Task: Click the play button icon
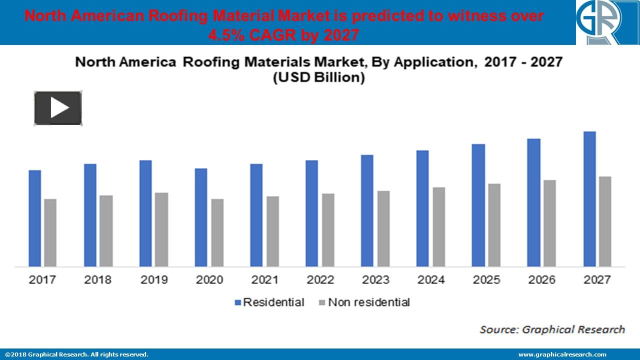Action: tap(58, 108)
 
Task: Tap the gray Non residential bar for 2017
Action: tap(50, 232)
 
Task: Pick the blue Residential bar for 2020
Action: tap(201, 217)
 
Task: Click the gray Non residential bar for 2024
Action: tap(438, 226)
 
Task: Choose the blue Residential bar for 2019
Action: tap(145, 213)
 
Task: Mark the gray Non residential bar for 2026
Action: tap(549, 223)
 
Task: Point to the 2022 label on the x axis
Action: tap(319, 279)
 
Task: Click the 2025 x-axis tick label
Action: tap(485, 279)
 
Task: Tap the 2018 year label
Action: tap(97, 279)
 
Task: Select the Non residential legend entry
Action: tap(363, 302)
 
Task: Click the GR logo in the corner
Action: tap(607, 22)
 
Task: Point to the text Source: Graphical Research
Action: tap(552, 329)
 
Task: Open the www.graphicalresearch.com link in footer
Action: tap(562, 354)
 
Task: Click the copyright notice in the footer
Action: tap(76, 354)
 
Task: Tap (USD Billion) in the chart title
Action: tap(318, 78)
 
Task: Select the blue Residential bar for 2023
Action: tap(367, 210)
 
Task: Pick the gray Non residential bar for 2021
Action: tap(272, 231)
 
